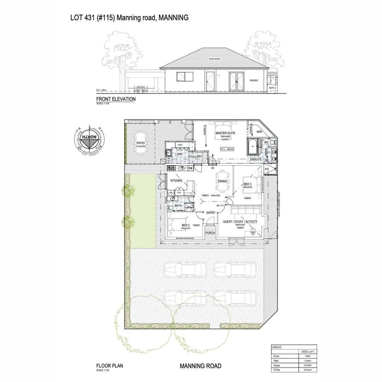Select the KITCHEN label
(x=176, y=181)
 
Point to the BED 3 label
(x=248, y=184)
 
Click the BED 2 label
(x=186, y=225)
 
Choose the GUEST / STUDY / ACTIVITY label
(x=241, y=222)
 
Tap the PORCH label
(x=210, y=233)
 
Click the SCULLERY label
(x=195, y=156)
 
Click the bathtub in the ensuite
(x=253, y=147)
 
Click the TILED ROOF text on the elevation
(x=214, y=59)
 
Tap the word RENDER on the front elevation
(x=254, y=80)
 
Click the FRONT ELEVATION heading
(x=116, y=99)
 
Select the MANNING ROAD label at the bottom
(x=201, y=366)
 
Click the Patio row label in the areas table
(x=276, y=360)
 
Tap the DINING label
(x=222, y=181)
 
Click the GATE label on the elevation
(x=272, y=87)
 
